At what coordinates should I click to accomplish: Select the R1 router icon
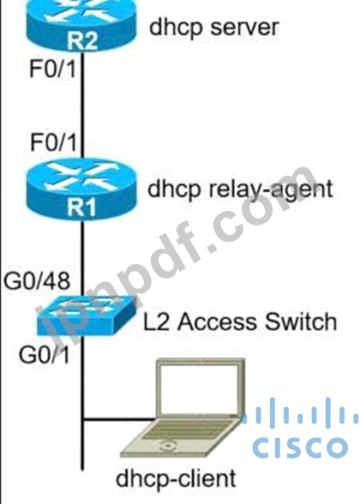pos(81,189)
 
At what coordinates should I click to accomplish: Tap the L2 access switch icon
pos(86,315)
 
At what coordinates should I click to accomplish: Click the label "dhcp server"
pos(213,27)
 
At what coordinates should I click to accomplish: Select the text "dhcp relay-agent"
pos(240,189)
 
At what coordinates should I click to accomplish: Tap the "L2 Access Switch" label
pos(240,321)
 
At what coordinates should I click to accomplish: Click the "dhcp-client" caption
pos(176,479)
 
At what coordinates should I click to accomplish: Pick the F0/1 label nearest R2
pos(53,69)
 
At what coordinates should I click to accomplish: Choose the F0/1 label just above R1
pos(53,142)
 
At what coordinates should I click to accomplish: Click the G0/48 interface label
pos(37,280)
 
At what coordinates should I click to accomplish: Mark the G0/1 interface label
pos(45,355)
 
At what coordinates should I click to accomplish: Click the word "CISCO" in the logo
pos(300,447)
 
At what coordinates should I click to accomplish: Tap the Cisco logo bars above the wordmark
pos(300,414)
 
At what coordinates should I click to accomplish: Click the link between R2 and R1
pos(82,105)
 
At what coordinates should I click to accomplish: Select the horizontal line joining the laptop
pos(119,419)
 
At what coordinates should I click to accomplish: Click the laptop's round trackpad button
pos(167,446)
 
